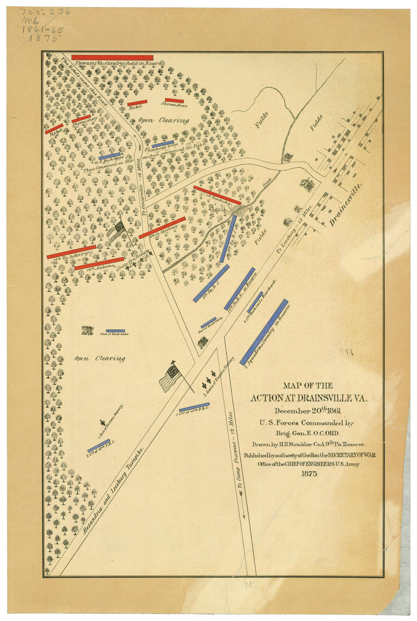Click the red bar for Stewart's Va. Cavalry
(112, 58)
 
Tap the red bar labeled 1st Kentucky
(217, 195)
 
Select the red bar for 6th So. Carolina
(162, 228)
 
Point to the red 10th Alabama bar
(99, 264)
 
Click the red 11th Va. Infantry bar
(71, 252)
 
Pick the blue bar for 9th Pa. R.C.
(228, 239)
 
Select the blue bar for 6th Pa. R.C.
(211, 283)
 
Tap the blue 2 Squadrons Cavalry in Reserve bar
(264, 332)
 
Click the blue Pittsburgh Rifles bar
(163, 144)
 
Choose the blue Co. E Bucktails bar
(109, 156)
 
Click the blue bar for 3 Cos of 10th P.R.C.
(194, 407)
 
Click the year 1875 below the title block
(309, 474)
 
